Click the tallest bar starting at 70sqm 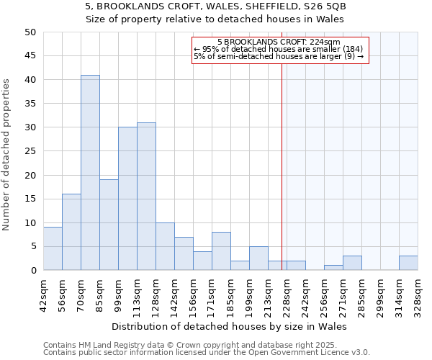click(x=90, y=173)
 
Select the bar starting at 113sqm click(x=146, y=197)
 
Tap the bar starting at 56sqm click(x=71, y=232)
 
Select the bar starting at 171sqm click(x=221, y=251)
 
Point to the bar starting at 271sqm click(x=352, y=263)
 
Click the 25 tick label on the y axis click(x=30, y=151)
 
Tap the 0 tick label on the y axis click(x=32, y=271)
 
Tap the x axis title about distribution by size click(x=230, y=326)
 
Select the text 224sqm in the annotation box click(x=324, y=42)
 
